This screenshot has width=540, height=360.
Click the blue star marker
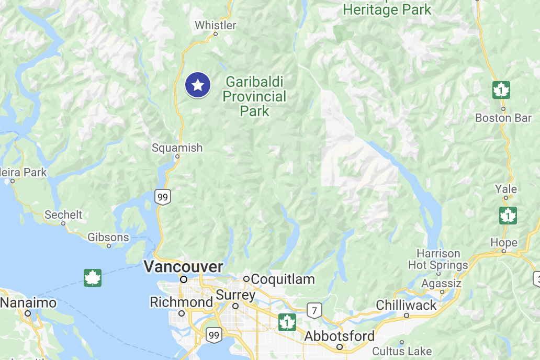(198, 85)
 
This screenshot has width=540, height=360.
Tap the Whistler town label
(216, 25)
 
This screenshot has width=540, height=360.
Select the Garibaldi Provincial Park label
(255, 96)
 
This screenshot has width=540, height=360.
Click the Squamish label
(177, 148)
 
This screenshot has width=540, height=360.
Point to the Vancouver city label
(183, 267)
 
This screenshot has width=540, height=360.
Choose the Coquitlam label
(283, 279)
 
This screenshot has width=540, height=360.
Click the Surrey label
(235, 296)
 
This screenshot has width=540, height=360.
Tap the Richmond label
(181, 302)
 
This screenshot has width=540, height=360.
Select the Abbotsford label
(340, 336)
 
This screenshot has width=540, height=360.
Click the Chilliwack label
(406, 306)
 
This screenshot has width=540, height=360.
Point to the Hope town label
(504, 243)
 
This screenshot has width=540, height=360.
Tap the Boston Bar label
(503, 118)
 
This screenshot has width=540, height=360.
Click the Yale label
(506, 189)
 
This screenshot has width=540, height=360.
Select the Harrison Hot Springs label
(438, 260)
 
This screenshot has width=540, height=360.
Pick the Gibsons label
(108, 238)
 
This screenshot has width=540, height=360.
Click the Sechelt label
(63, 215)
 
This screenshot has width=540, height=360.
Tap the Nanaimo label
(28, 303)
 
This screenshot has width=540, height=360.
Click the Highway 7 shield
(314, 310)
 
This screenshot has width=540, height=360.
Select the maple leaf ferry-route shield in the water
(93, 278)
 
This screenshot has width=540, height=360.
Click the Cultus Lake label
(402, 351)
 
